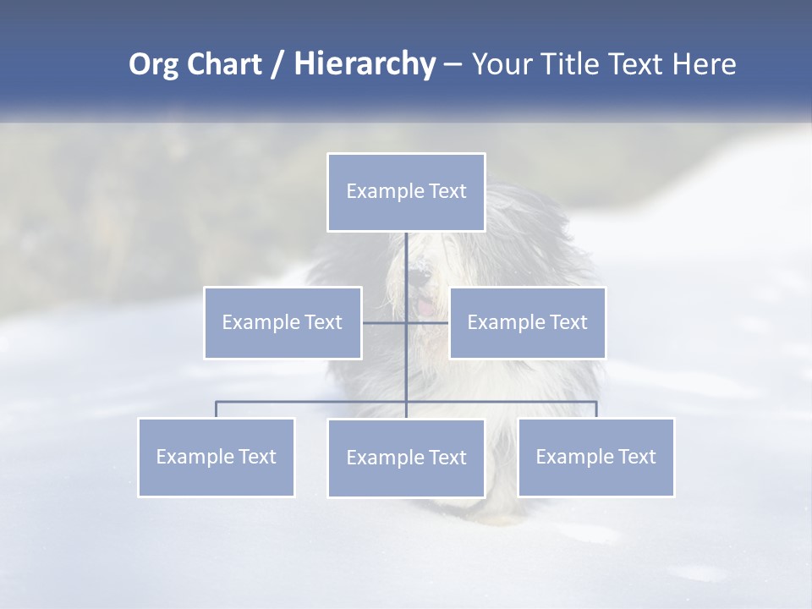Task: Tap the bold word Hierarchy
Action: pos(365,64)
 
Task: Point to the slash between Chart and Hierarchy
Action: pos(277,65)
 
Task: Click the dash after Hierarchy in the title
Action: pos(453,65)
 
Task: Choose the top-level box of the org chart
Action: pos(406,192)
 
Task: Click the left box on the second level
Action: pos(283,322)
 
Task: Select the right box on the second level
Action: pos(527,322)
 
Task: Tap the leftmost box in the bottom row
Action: pos(217,457)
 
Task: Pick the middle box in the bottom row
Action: pos(406,458)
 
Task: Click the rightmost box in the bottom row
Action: pos(595,457)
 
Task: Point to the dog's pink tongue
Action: pos(428,309)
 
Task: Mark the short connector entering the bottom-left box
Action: pos(217,409)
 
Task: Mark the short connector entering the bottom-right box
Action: pos(596,409)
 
